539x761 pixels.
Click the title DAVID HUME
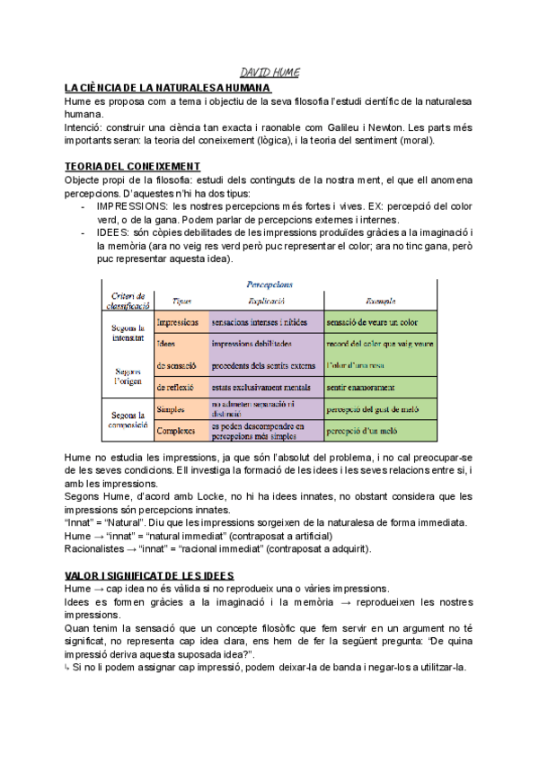pos(269,72)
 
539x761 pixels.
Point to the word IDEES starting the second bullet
pos(111,233)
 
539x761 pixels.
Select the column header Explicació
pos(266,302)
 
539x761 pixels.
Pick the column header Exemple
pos(381,302)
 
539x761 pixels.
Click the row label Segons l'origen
pos(128,375)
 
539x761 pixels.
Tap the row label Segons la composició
pos(128,420)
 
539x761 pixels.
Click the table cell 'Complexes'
pos(177,431)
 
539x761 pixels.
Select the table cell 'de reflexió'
pos(177,387)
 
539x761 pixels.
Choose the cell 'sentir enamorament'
pos(361,387)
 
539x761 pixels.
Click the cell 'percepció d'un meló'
pos(362,431)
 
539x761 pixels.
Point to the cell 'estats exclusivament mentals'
pos(264,387)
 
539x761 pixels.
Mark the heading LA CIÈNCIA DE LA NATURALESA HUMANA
pos(166,88)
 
